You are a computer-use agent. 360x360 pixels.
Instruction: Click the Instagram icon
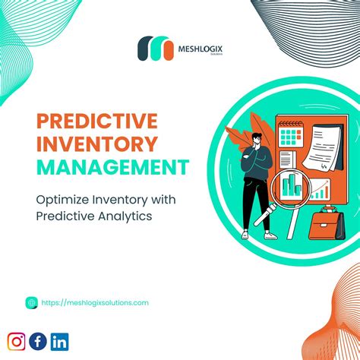tap(17, 341)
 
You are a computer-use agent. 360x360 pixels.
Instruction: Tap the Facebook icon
tap(38, 341)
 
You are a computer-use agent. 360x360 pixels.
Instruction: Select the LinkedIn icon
tap(60, 341)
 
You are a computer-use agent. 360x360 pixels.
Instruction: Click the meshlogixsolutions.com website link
tap(95, 302)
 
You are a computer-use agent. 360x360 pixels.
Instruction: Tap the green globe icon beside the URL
tap(31, 302)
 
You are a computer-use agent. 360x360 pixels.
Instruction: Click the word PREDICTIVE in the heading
tap(96, 120)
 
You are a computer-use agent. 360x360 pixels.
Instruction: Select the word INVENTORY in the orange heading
tap(96, 143)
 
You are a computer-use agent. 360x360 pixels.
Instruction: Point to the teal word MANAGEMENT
tap(113, 166)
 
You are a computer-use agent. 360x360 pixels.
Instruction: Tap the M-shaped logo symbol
tap(155, 49)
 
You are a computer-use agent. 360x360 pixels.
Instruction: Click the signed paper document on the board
tap(314, 145)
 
